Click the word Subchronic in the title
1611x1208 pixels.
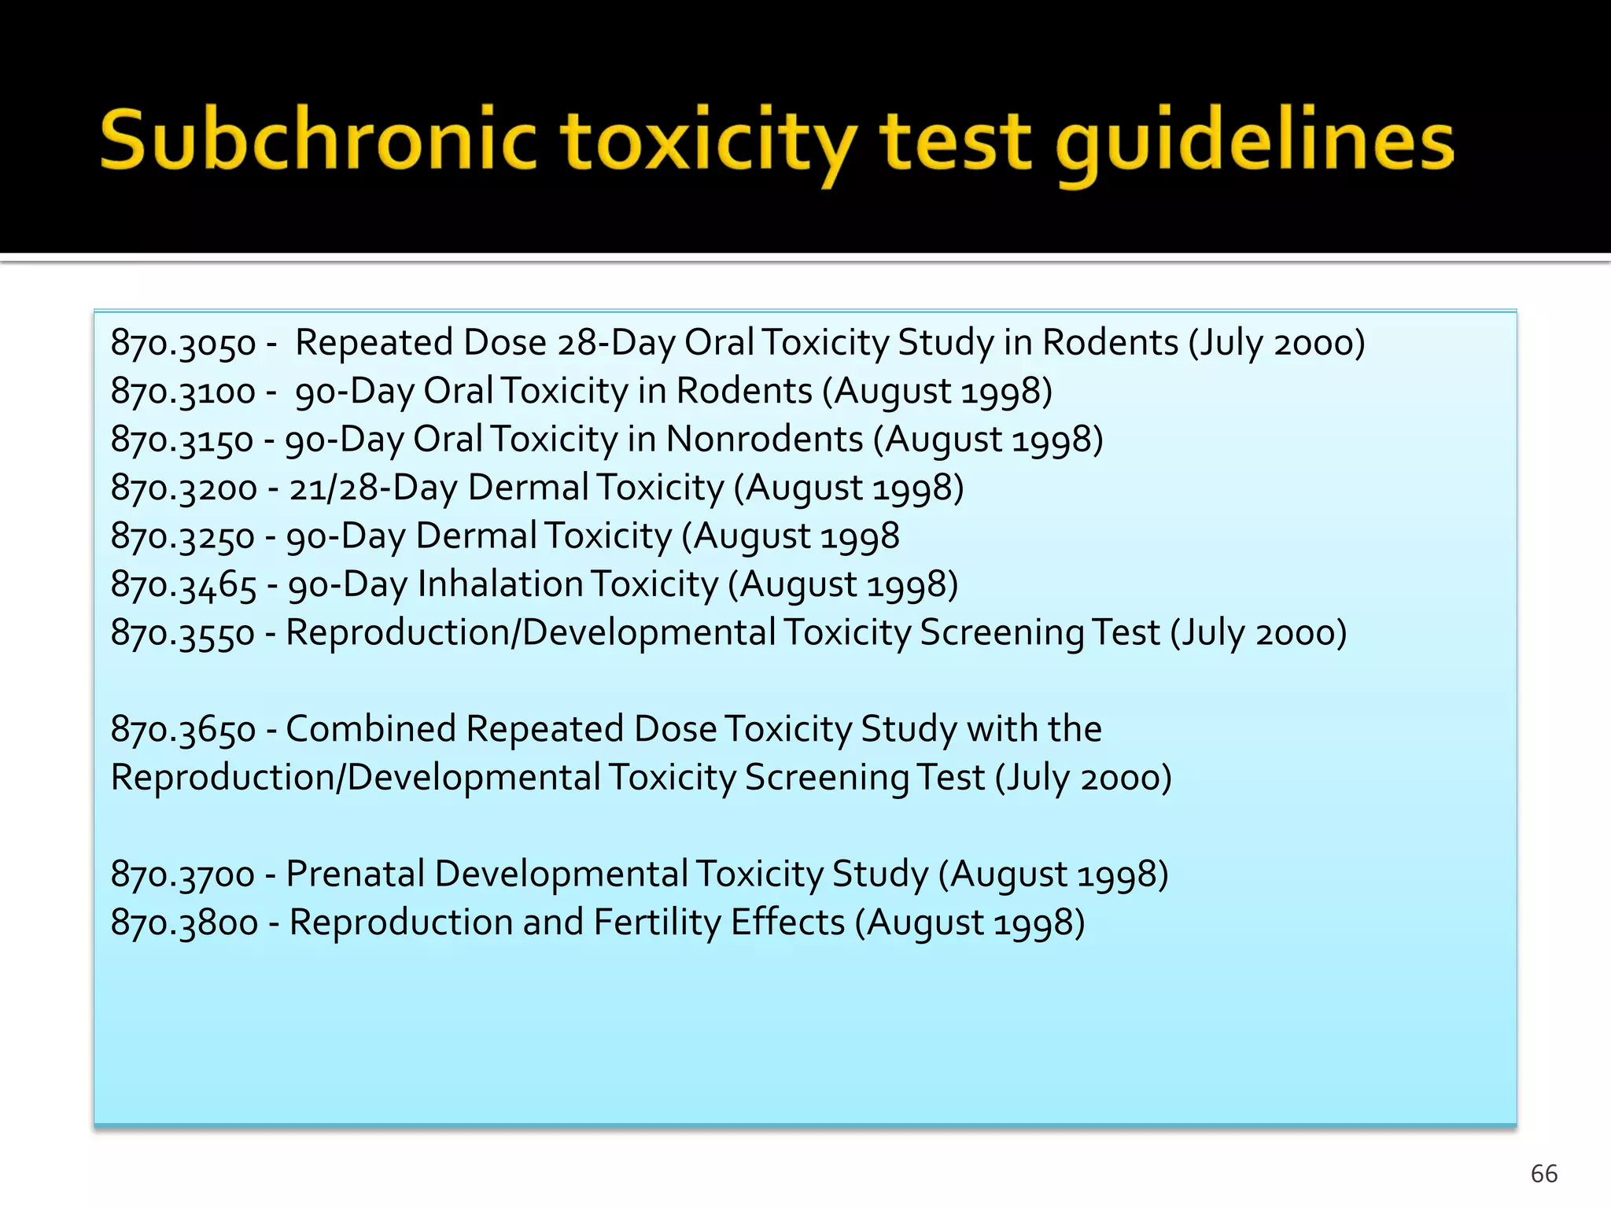pyautogui.click(x=319, y=142)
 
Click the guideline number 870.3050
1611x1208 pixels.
pyautogui.click(x=183, y=344)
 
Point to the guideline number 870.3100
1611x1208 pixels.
pyautogui.click(x=183, y=392)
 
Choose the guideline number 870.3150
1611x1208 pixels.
pyautogui.click(x=182, y=440)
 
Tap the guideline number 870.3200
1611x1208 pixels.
pyautogui.click(x=183, y=488)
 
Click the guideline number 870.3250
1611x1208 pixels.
pyautogui.click(x=182, y=537)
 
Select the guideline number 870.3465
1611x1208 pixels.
pyautogui.click(x=183, y=585)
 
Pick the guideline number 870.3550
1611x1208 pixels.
pyautogui.click(x=182, y=634)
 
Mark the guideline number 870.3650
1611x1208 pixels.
pyautogui.click(x=183, y=730)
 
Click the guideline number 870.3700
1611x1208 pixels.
pyautogui.click(x=182, y=875)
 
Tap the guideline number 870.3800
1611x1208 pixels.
pyautogui.click(x=184, y=923)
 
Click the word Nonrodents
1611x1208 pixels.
pyautogui.click(x=765, y=440)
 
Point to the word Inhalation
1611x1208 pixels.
pyautogui.click(x=500, y=584)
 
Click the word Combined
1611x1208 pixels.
pyautogui.click(x=370, y=729)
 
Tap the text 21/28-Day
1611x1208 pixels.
pyautogui.click(x=373, y=488)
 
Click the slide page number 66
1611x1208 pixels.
pyautogui.click(x=1544, y=1173)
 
